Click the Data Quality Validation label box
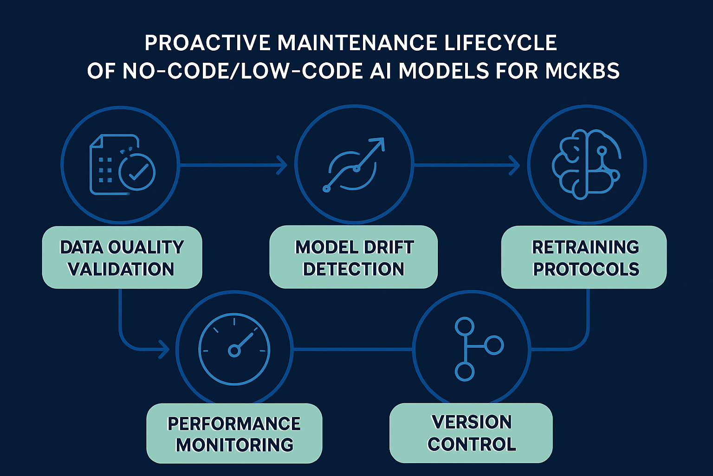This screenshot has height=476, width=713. click(122, 258)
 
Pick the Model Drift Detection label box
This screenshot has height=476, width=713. click(354, 258)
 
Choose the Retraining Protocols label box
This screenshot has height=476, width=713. click(584, 258)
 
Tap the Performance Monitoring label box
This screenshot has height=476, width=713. click(234, 433)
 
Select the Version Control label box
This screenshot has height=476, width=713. click(471, 433)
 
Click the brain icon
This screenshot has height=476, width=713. click(585, 165)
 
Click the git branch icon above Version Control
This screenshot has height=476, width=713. click(473, 349)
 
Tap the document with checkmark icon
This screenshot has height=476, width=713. click(122, 165)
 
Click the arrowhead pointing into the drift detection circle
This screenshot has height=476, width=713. click(283, 165)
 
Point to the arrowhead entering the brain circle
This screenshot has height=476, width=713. click(515, 165)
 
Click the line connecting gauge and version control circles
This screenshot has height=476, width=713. click(353, 349)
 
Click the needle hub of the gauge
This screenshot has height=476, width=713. click(234, 350)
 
